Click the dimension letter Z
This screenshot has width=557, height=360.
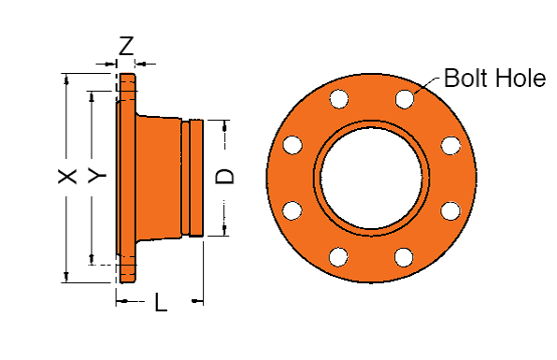coord(126,46)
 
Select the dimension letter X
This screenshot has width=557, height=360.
coord(67,177)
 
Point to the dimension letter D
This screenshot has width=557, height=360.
coord(225,177)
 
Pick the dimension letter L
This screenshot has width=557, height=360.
coord(161,302)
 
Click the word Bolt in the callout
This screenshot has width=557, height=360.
coord(466,78)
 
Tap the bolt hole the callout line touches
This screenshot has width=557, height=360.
coord(405,99)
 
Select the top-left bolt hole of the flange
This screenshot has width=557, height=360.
coord(339,98)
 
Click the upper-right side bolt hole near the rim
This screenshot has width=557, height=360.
coord(450,145)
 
